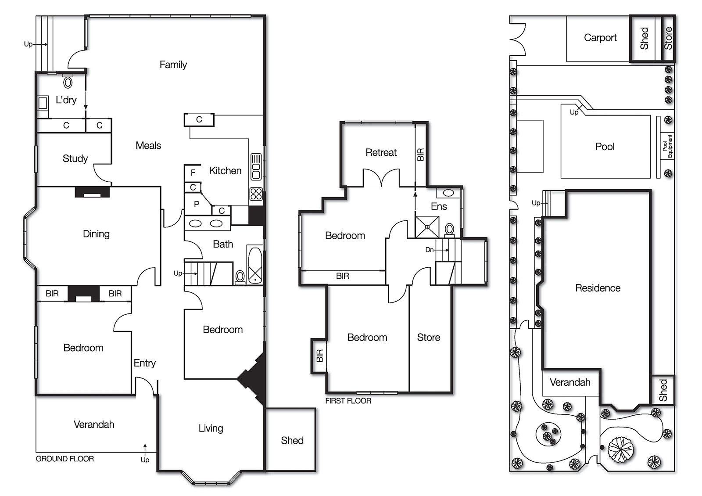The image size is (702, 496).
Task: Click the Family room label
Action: pyautogui.click(x=173, y=65)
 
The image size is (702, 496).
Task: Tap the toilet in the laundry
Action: pyautogui.click(x=68, y=82)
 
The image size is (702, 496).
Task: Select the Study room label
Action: pyautogui.click(x=75, y=158)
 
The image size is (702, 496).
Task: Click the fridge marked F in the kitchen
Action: pyautogui.click(x=193, y=173)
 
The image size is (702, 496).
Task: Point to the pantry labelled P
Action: pyautogui.click(x=197, y=204)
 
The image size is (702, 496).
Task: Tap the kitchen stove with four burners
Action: pyautogui.click(x=256, y=194)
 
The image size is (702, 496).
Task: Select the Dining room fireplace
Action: pyautogui.click(x=92, y=192)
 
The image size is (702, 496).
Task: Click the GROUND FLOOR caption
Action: pyautogui.click(x=65, y=459)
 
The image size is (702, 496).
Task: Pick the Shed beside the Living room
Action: pyautogui.click(x=292, y=440)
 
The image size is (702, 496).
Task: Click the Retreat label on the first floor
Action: pyautogui.click(x=381, y=153)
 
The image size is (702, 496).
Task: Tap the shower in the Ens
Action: pyautogui.click(x=427, y=227)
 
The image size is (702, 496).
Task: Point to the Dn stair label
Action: pyautogui.click(x=429, y=250)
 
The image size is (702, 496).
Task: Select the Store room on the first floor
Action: pyautogui.click(x=429, y=337)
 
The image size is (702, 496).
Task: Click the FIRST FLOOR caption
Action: pyautogui.click(x=348, y=401)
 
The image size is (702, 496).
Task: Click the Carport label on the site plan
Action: pyautogui.click(x=600, y=38)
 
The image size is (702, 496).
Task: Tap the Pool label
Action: pyautogui.click(x=605, y=147)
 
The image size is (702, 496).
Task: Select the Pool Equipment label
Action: pyautogui.click(x=667, y=146)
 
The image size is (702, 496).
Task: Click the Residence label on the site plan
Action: pyautogui.click(x=598, y=288)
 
